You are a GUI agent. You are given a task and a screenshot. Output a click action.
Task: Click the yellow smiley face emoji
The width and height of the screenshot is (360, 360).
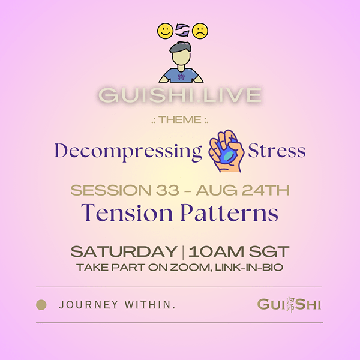coord(165,31)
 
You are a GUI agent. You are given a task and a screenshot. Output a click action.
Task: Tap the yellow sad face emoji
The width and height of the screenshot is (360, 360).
coord(200,31)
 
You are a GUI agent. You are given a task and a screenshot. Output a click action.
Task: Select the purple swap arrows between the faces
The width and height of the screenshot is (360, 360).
coord(182,31)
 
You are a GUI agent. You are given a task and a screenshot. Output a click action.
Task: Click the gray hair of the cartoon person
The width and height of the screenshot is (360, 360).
coord(181,47)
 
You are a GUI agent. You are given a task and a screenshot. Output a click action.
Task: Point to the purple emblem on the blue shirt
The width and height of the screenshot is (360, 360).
coord(181,77)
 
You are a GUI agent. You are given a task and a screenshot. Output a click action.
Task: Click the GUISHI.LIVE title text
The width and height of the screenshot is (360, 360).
coord(180,95)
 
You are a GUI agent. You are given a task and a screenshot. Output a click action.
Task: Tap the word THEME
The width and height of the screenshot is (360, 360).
coord(180,119)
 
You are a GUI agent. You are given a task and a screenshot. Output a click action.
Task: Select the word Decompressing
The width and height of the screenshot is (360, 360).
coord(128,152)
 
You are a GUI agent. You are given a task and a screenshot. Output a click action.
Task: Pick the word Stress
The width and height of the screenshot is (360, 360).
coord(277,151)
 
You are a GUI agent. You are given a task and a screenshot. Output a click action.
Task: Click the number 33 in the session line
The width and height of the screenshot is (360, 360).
coord(167,190)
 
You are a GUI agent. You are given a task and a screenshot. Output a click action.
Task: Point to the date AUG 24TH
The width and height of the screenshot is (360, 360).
coord(242,190)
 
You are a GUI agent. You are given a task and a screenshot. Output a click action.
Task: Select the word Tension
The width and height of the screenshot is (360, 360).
coord(127,212)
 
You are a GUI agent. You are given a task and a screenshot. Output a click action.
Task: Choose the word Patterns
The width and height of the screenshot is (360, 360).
coord(229,212)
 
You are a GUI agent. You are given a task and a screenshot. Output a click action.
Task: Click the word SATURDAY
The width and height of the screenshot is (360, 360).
coord(124,251)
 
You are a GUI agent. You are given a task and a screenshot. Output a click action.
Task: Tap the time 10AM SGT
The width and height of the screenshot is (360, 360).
coord(239,251)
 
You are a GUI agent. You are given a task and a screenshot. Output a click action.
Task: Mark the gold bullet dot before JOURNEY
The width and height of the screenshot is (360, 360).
coord(41,305)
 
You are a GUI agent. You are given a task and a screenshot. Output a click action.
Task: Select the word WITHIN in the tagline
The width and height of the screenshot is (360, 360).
coord(150,305)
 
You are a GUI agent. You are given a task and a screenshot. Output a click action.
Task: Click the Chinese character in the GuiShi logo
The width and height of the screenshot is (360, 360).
coord(290,305)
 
